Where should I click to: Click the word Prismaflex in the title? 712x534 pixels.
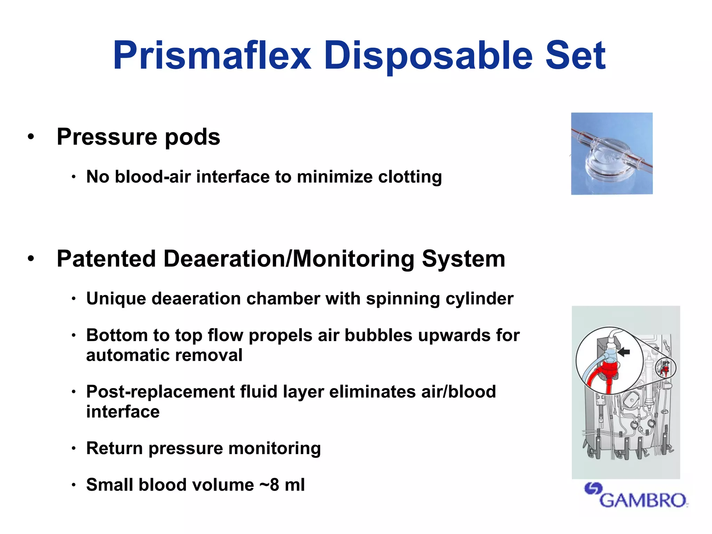point(212,56)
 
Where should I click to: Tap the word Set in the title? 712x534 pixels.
point(575,56)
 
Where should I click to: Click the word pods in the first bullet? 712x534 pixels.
point(192,137)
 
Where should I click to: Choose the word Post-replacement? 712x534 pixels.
point(160,392)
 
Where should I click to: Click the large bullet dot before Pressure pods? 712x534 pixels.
point(31,137)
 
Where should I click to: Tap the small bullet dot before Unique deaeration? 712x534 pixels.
point(73,299)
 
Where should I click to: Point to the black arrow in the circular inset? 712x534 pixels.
point(624,352)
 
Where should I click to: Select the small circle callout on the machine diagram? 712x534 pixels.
point(665,368)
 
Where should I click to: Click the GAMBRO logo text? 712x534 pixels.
point(643,500)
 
